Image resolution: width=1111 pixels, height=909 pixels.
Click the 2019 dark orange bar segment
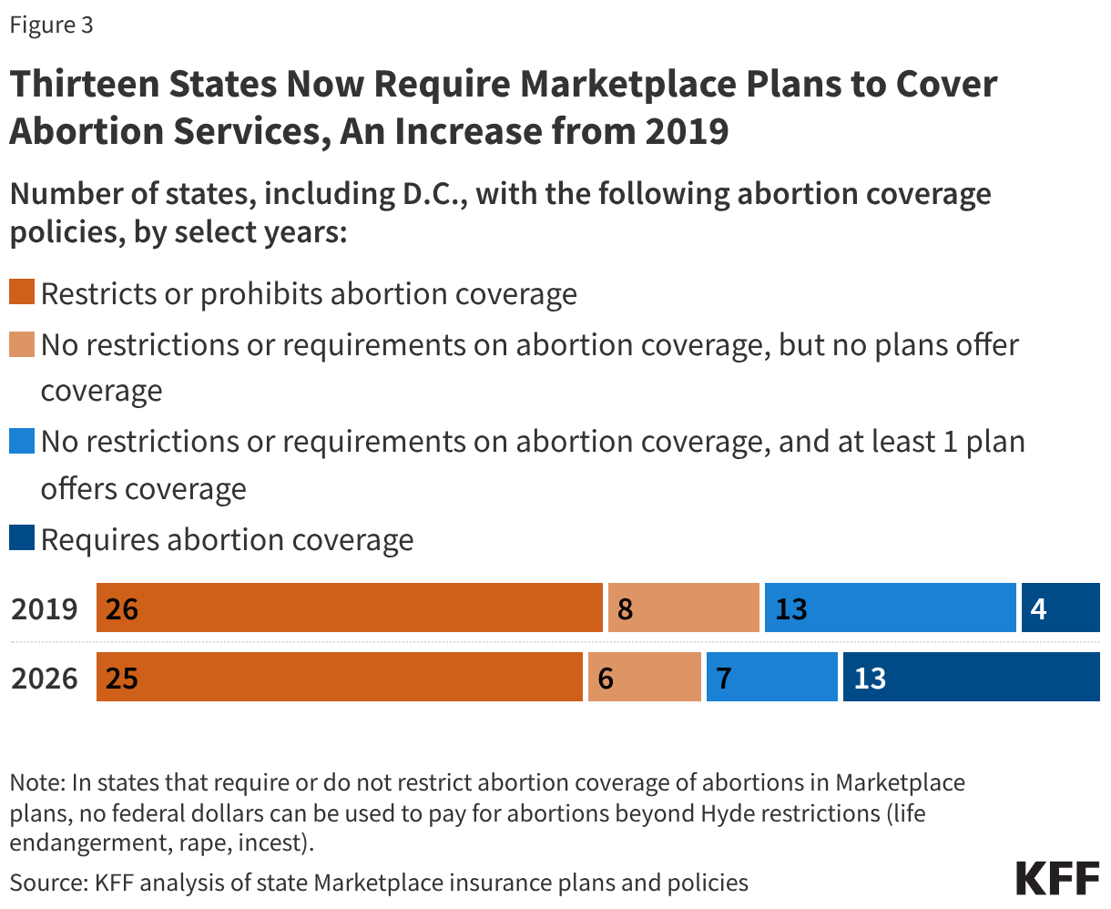point(349,608)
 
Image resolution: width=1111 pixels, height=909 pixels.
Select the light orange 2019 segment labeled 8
point(683,608)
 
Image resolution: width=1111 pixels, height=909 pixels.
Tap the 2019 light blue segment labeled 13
point(890,608)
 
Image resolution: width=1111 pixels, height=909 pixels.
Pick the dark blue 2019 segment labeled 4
point(1060,608)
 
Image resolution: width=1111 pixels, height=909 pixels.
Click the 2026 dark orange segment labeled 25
point(339,678)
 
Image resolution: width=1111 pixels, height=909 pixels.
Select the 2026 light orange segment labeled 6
point(644,678)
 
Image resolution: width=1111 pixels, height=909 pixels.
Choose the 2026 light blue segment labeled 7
point(771,678)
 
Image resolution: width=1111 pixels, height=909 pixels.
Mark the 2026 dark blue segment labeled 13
point(971,678)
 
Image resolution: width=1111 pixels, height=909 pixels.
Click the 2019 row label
point(45,608)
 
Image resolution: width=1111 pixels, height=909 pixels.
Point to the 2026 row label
point(45,679)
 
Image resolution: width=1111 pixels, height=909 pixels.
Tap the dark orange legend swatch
point(22,293)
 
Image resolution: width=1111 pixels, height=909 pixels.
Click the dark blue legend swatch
point(22,537)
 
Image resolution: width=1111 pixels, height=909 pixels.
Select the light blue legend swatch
point(22,441)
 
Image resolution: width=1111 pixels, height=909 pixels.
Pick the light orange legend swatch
point(22,344)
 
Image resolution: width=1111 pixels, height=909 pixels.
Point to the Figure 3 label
point(51,25)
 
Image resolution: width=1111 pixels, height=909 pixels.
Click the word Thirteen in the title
point(80,84)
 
